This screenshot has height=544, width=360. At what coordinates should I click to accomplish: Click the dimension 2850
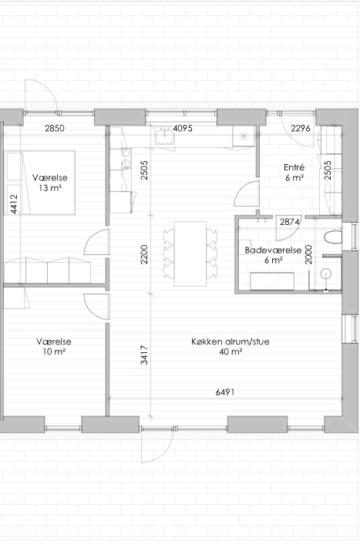55,129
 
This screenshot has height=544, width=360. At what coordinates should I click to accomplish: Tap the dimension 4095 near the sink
183,129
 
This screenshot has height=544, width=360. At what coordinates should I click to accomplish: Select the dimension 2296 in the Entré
301,129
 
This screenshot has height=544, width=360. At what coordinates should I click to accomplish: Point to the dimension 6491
225,392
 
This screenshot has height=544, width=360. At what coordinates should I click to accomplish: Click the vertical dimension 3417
144,355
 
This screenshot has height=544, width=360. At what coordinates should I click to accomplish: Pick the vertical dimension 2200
144,254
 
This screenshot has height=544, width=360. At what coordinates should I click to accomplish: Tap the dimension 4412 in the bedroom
14,203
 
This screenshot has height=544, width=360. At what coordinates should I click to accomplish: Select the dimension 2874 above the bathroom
290,222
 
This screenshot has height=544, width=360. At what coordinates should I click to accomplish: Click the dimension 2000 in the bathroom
308,254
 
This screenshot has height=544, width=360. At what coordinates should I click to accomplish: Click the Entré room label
294,173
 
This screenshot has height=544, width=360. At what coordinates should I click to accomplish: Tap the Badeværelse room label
273,255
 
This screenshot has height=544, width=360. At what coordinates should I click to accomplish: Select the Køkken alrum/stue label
230,346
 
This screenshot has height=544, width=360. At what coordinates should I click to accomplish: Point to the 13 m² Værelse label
50,183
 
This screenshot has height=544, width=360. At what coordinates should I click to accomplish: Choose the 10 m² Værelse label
54,346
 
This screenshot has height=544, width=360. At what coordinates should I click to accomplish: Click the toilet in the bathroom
333,237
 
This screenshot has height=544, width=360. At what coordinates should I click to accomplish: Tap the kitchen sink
165,135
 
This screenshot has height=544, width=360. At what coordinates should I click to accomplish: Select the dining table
190,254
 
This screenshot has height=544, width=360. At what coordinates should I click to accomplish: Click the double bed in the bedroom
39,183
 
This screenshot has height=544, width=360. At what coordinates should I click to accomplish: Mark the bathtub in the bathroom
272,281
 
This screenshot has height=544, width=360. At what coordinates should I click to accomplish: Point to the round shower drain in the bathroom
326,274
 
